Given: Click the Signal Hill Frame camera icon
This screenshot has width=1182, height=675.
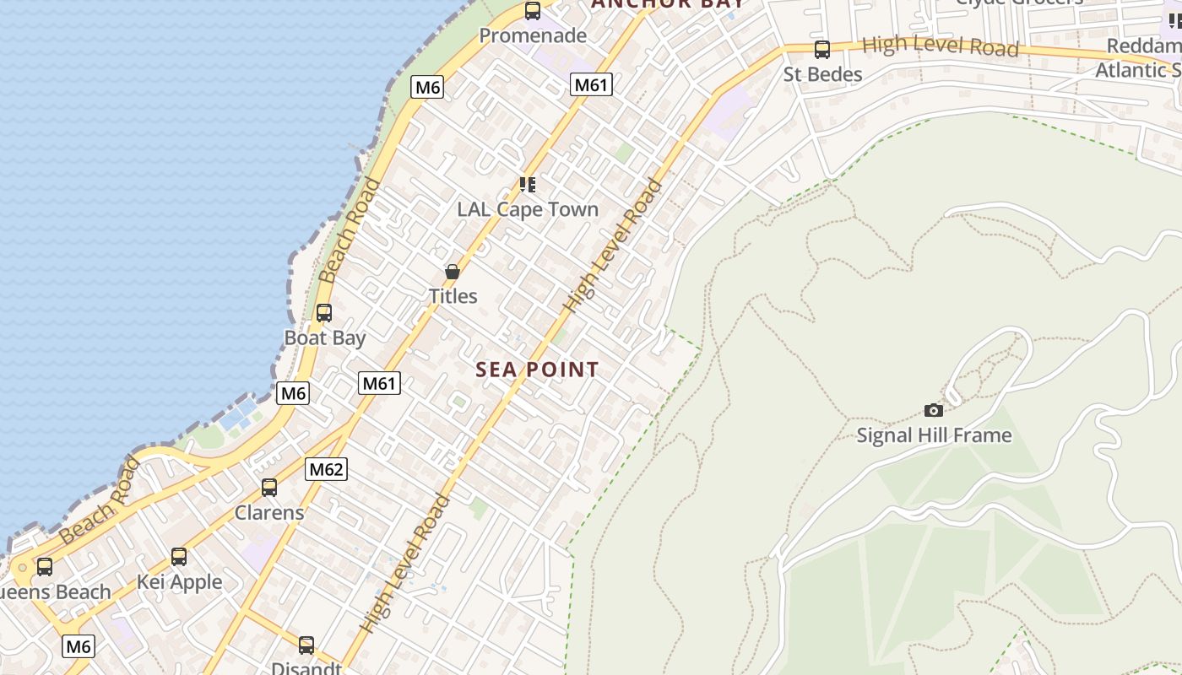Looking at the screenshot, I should (933, 410).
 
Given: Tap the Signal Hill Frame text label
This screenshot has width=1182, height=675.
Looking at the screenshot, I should (934, 435).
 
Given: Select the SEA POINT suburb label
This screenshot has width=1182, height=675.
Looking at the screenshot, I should (537, 370).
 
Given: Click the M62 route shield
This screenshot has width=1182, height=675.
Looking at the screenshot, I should (326, 469).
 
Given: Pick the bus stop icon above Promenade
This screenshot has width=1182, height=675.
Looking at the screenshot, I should (533, 11).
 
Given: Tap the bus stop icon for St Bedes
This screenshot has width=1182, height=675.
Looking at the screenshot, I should (822, 50).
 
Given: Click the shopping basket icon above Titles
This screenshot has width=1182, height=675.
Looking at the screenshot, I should (453, 272).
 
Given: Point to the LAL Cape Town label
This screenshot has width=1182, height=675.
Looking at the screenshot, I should (528, 209).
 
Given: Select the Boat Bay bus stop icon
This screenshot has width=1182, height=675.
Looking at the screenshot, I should (324, 313).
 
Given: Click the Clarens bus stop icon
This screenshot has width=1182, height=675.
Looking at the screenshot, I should (269, 488).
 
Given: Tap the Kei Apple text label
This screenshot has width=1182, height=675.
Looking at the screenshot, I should (180, 582).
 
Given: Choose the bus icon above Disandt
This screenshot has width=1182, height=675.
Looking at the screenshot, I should (306, 645).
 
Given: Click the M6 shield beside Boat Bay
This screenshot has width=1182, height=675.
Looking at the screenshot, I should (293, 392).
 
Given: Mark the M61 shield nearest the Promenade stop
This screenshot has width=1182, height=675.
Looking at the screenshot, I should (591, 84).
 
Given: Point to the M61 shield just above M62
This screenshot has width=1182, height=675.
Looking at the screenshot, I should (379, 383).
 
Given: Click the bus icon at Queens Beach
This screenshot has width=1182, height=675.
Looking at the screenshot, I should (45, 567).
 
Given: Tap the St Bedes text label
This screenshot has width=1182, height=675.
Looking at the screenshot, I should (822, 74).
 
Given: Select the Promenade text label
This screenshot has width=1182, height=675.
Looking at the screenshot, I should (533, 35).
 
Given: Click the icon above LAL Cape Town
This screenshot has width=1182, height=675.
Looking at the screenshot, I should (528, 184).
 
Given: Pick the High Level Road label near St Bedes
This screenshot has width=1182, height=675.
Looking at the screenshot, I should (941, 46).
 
